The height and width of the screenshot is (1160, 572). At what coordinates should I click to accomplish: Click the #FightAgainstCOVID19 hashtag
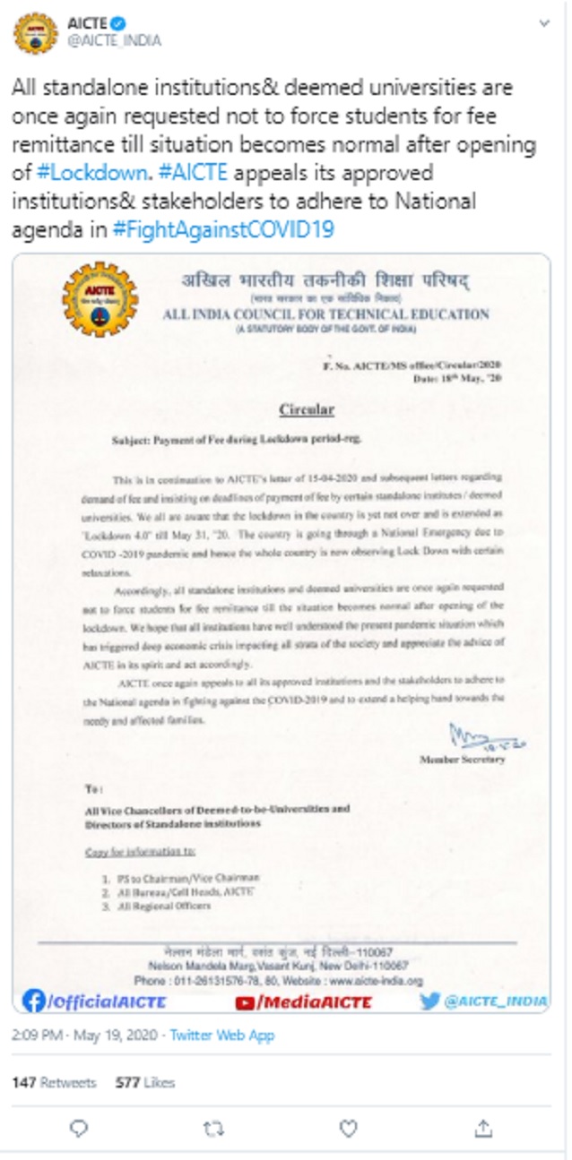click(223, 228)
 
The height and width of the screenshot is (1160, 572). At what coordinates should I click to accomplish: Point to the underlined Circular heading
click(306, 409)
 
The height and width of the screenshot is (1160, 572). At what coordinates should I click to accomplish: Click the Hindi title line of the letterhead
click(325, 281)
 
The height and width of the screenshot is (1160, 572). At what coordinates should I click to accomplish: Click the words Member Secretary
click(462, 760)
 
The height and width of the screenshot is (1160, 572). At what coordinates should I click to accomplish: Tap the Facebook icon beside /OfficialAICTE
click(34, 1001)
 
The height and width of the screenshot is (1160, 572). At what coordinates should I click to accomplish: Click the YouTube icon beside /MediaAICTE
click(247, 1002)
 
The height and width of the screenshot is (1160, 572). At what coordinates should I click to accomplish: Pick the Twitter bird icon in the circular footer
click(430, 1001)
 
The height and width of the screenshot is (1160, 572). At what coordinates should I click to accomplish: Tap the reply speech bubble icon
click(79, 1128)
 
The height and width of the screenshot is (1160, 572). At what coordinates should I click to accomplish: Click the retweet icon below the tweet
click(213, 1129)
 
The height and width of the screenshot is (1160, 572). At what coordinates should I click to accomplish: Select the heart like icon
click(348, 1128)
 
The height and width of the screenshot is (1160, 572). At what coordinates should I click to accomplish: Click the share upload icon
click(483, 1128)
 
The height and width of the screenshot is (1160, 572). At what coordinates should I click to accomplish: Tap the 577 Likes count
click(145, 1082)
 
